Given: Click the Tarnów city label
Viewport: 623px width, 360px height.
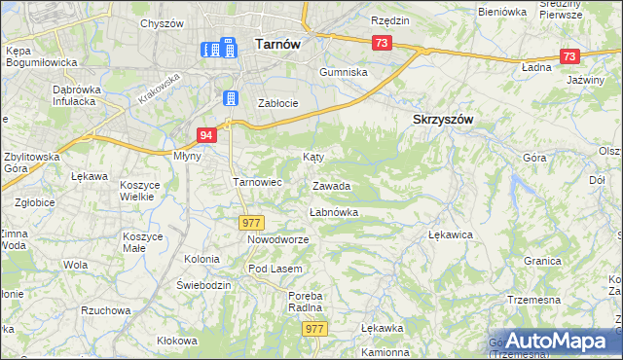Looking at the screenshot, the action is click(x=276, y=43).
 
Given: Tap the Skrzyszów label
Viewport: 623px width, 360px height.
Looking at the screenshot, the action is click(x=436, y=118).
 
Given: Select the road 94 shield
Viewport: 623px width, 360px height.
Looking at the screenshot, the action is click(x=205, y=135).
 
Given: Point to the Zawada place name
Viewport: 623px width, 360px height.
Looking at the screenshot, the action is click(x=331, y=185).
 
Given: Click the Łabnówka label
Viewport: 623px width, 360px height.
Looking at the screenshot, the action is click(x=334, y=211).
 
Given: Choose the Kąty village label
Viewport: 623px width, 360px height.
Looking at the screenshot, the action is click(x=312, y=156).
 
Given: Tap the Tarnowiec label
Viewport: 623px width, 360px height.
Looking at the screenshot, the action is click(x=257, y=182).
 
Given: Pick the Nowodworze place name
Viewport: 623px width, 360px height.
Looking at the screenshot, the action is click(x=277, y=239).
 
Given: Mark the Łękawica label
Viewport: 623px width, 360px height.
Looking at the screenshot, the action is click(x=451, y=234).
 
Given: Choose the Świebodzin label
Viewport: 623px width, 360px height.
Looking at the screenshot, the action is click(x=202, y=284).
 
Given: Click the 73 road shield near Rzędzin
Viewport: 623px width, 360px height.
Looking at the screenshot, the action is click(x=382, y=43).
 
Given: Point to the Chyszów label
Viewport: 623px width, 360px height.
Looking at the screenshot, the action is click(x=162, y=22).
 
